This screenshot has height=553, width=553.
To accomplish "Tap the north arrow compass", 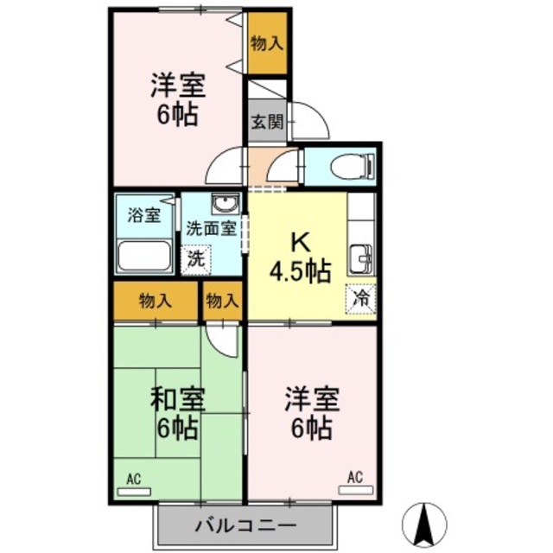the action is tap(424, 523).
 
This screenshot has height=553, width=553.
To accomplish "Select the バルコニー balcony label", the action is tap(245, 526).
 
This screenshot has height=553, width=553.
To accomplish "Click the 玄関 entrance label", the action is tap(267, 123).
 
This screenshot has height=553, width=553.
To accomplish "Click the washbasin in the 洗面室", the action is tap(226, 204).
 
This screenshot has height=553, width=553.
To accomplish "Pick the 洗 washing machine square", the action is tap(196, 260).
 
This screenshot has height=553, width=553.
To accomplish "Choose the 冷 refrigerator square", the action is tap(361, 299).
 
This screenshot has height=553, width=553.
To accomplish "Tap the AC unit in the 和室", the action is tap(134, 492).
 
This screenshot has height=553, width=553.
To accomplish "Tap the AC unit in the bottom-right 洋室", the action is tap(355, 490).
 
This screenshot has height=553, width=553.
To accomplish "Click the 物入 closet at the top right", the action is tap(267, 44).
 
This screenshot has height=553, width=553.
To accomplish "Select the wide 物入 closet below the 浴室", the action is tap(156, 302).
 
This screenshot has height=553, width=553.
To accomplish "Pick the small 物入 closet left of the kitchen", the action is tap(223, 302).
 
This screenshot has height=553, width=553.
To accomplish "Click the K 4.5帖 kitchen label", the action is tap(301, 258).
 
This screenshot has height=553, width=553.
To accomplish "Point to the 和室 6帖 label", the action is tap(177, 413).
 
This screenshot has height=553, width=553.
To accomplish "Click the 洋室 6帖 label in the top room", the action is tap(177, 99).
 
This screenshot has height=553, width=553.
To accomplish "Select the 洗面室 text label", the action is tap(211, 229).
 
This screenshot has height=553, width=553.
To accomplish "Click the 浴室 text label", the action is tap(144, 215).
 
